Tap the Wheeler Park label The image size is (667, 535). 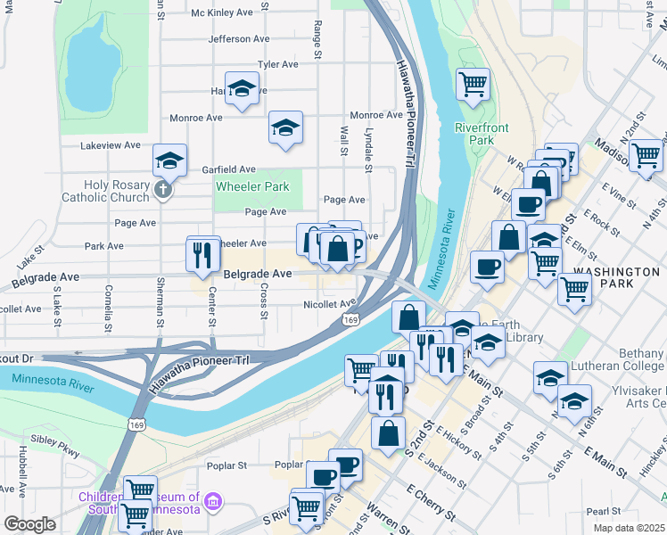click(x=252, y=186)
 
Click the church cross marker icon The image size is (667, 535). click(x=161, y=189)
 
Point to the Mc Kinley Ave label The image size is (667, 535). click(x=223, y=12)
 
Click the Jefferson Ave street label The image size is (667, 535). click(x=238, y=39)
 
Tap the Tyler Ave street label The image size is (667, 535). click(x=277, y=64)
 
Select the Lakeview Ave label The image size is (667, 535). click(x=111, y=145)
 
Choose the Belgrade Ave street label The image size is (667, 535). click(x=258, y=274)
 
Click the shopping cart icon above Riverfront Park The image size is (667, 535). click(x=473, y=84)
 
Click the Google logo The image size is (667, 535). click(x=29, y=523)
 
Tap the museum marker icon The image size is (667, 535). click(x=212, y=503)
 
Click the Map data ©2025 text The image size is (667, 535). click(x=629, y=528)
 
